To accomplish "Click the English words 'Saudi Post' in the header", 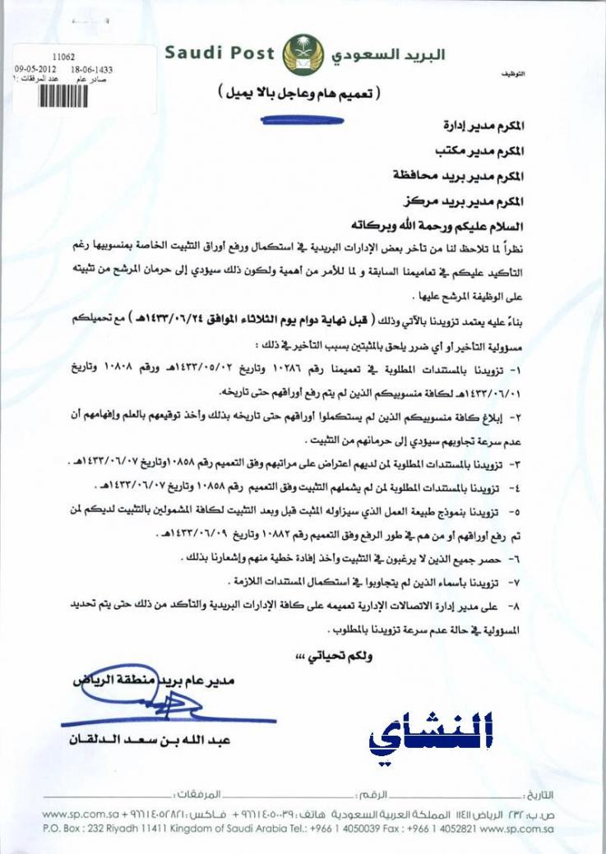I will point(220,53).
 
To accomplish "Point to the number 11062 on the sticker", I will point(62,57).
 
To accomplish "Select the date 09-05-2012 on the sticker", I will point(35,69).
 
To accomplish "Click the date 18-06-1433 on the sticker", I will point(91,69).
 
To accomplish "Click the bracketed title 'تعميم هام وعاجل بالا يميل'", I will point(302,92).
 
